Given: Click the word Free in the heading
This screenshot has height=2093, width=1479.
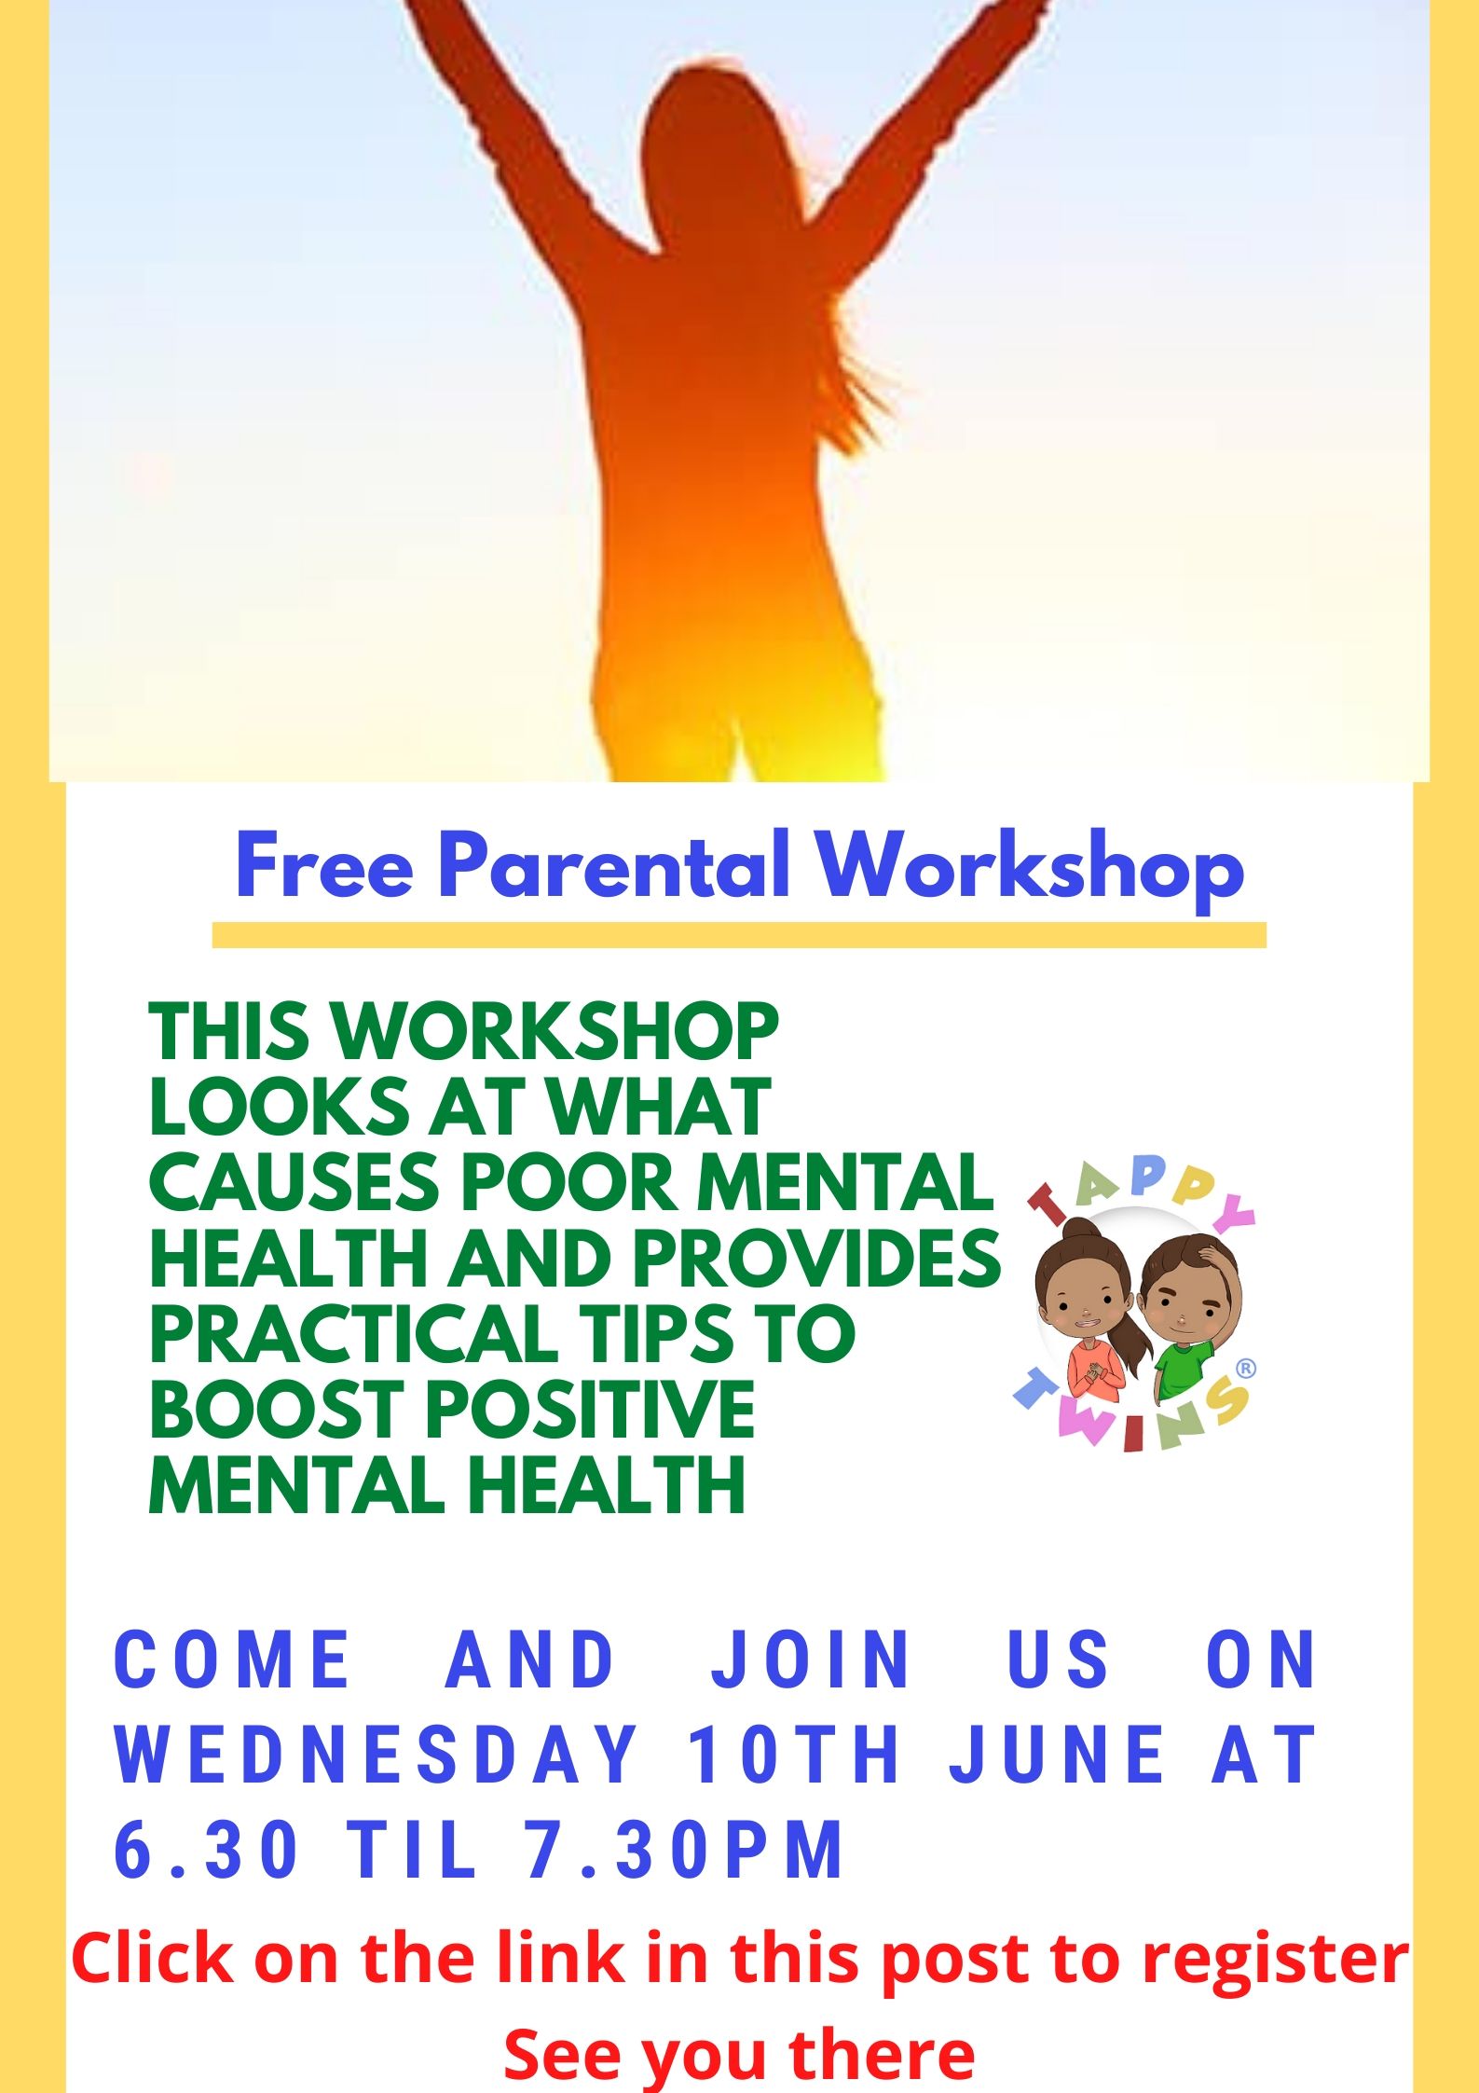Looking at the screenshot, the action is tap(324, 865).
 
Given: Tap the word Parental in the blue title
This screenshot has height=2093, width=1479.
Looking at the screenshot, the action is tap(614, 863).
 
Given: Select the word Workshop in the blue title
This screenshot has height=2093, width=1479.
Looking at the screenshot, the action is tap(1031, 868).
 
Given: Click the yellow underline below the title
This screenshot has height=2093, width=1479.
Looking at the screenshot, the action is tap(739, 935).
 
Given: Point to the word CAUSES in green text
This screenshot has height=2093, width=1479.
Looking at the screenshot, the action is tap(294, 1182).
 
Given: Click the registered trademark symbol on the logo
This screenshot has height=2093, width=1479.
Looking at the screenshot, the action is tap(1245, 1369).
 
